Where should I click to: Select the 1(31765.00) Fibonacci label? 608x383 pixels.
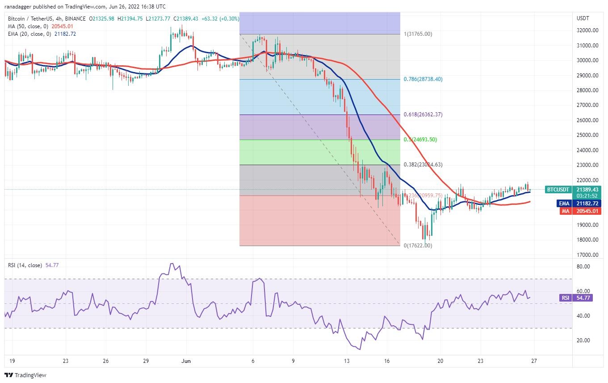418,34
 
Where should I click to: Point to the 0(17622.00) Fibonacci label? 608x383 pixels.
418,246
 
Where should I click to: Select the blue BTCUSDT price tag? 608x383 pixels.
558,190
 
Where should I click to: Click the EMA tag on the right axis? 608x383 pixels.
564,204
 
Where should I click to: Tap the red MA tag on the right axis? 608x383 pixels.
565,211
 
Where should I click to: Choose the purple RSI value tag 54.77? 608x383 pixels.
565,298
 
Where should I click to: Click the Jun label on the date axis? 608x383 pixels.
187,360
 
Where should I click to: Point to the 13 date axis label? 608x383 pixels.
347,360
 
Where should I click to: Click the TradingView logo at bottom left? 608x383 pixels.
25,375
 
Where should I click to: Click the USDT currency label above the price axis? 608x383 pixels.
583,18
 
